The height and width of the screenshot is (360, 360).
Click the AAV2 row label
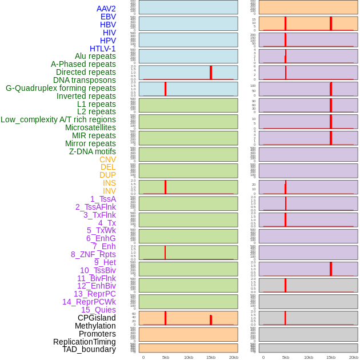coord(106,9)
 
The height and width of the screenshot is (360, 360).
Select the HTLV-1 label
coord(102,49)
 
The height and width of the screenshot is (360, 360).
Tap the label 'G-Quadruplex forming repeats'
coord(61,88)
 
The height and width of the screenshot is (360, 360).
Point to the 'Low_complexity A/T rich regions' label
coord(58,119)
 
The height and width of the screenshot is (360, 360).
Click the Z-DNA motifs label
coord(92,151)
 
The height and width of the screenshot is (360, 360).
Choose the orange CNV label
coord(107,159)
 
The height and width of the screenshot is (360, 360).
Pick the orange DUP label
coord(107,175)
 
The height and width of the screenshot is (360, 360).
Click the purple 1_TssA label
coord(103,199)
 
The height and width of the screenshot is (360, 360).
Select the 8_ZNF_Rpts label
coord(93,254)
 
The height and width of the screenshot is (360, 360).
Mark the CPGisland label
coord(97,318)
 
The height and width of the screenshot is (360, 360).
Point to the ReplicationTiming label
coord(85,342)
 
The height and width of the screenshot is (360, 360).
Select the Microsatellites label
coord(90,127)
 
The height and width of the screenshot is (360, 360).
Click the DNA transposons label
coord(85,80)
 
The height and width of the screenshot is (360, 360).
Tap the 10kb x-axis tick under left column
coord(189,357)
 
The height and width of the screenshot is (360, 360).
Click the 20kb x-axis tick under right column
coord(354,357)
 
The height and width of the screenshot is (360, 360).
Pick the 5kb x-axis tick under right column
coord(286,357)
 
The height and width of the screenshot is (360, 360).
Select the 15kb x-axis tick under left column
coord(211,357)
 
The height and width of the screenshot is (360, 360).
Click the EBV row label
coord(108,17)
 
